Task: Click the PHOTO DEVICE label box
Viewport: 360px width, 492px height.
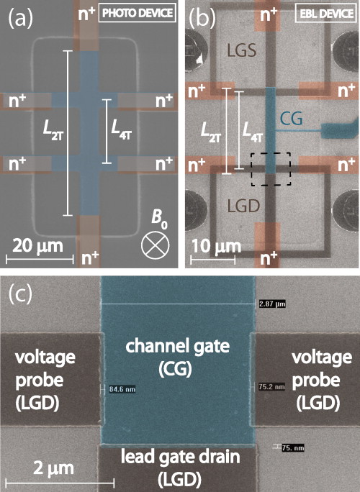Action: click(137, 14)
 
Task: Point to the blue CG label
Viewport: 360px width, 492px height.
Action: click(291, 118)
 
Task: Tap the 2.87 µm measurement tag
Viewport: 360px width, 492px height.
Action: click(272, 304)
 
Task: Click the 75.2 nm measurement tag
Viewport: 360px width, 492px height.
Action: click(272, 386)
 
